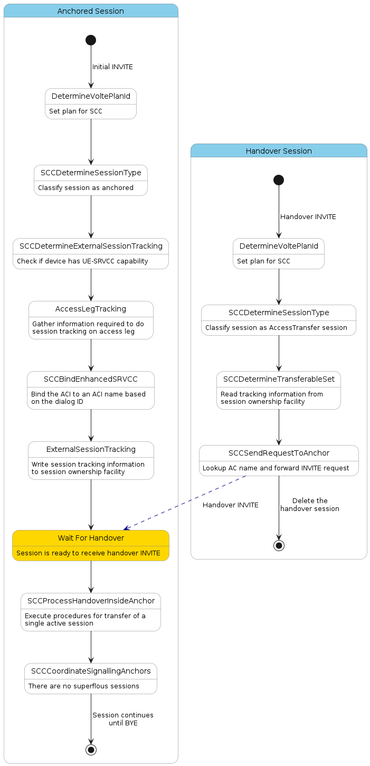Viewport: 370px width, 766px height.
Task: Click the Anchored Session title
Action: pos(91,11)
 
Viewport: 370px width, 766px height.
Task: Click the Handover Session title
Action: pos(279,151)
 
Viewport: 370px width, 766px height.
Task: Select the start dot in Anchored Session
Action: pos(91,40)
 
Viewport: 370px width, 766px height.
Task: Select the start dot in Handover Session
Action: pos(279,180)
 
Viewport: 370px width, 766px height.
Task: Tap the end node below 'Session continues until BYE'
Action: pos(91,750)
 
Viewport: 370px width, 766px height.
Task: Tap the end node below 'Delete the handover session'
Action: pos(279,545)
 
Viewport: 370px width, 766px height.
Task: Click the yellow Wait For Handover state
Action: pos(91,545)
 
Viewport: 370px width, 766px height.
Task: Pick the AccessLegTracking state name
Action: pos(91,309)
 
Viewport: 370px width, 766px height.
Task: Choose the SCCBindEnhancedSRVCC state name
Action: pos(91,379)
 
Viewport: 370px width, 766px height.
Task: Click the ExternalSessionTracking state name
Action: pos(91,449)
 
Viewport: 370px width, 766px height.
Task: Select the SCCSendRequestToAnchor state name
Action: pos(279,453)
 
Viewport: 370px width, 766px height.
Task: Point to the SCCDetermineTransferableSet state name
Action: pos(279,379)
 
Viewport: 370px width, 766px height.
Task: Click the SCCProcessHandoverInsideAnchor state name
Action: pos(91,601)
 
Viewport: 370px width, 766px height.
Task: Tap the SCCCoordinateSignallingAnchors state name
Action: pos(91,671)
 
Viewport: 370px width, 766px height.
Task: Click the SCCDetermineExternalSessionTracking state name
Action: pos(91,246)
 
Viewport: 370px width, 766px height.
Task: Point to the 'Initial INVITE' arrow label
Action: pos(112,67)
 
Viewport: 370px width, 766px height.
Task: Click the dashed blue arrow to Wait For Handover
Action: pos(185,502)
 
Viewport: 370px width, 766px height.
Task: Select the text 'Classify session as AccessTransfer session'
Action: pos(276,328)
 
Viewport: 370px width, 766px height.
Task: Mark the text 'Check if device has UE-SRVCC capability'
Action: pos(82,261)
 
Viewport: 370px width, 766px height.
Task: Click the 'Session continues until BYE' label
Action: pos(123,719)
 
